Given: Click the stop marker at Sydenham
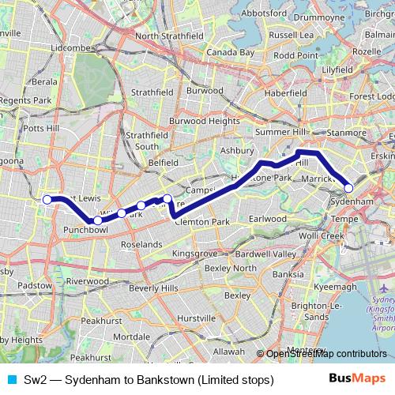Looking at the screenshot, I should coord(348,188).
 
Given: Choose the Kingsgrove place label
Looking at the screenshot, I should coord(194,253).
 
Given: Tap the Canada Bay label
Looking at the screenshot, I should coord(230,52).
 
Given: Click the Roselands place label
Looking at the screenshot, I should coord(141,245).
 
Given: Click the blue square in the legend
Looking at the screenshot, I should coord(10,380).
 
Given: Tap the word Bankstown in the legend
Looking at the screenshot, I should coord(169,380).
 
